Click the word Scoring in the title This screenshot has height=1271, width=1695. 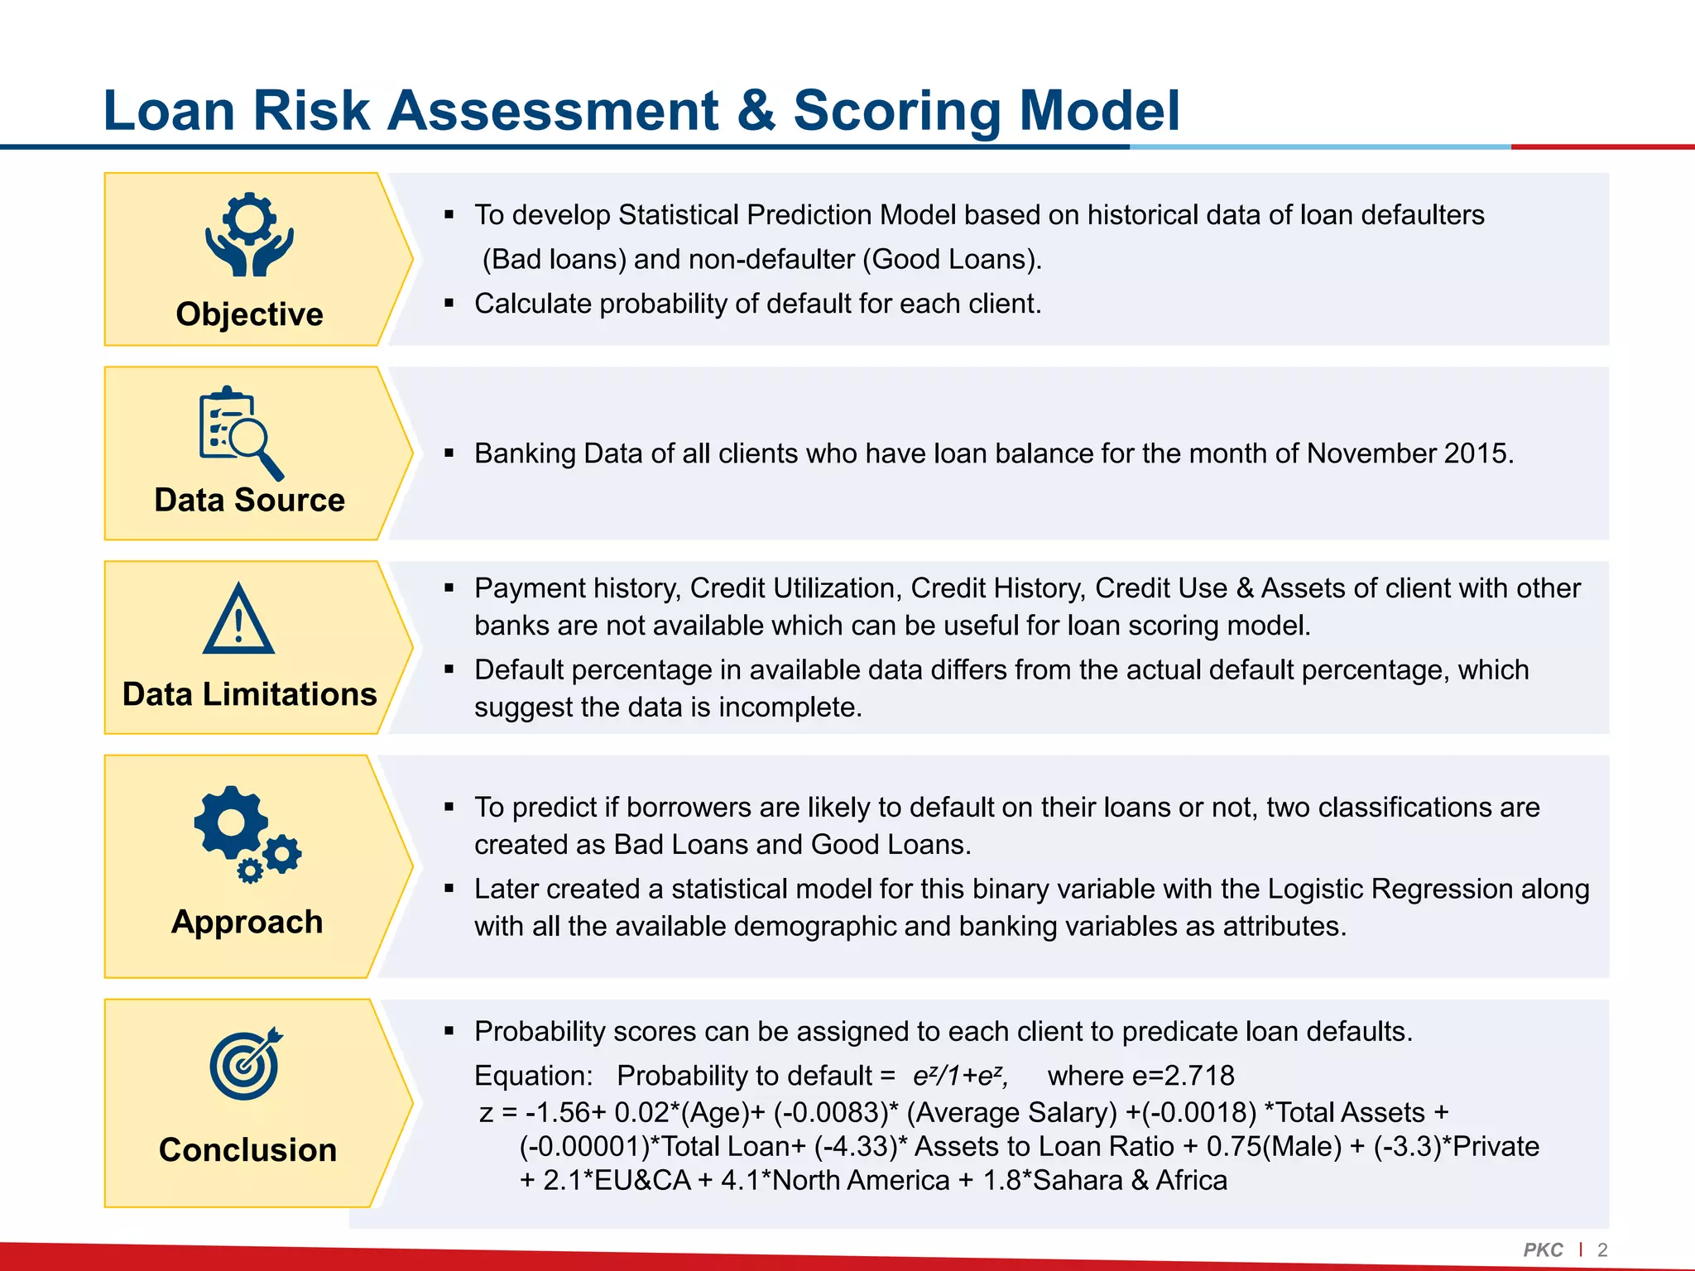coord(896,110)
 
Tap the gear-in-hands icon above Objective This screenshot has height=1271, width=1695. coord(249,234)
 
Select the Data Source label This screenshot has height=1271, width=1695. coord(249,500)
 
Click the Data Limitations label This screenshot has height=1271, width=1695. coord(249,694)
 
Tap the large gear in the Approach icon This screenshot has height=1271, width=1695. coord(231,823)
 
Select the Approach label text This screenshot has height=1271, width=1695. coord(247,922)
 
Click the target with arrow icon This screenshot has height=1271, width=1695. coord(245,1064)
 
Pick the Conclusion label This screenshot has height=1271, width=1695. coord(247,1150)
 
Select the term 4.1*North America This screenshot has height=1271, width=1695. coord(834,1180)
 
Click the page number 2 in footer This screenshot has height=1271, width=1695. coord(1602,1249)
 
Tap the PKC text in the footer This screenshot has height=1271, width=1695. coord(1543,1249)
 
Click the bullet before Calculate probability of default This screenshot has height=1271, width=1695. coord(449,304)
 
